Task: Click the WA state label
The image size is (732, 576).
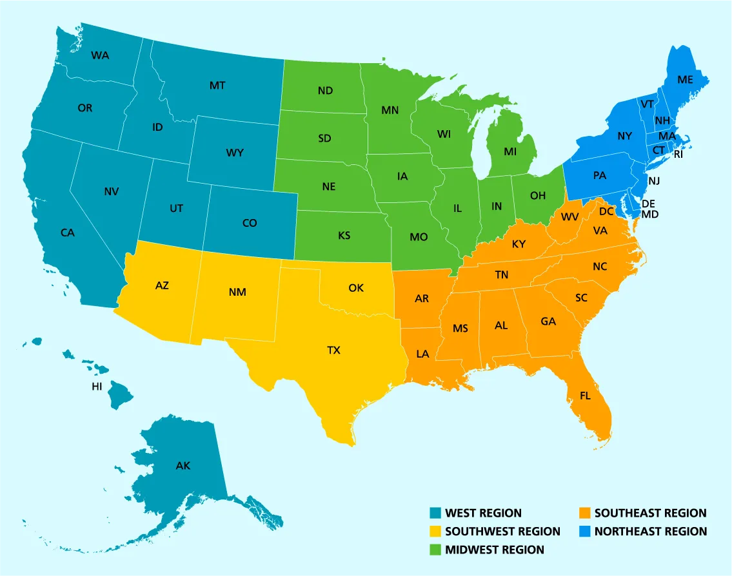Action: tap(100, 55)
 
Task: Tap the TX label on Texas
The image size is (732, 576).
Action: tap(333, 350)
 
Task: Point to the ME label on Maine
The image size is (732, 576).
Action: tap(685, 81)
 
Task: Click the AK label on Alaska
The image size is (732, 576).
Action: tap(183, 465)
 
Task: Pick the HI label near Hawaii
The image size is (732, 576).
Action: tap(97, 387)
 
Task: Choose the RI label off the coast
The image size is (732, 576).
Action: tap(678, 155)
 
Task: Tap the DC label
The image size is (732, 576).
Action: tap(606, 211)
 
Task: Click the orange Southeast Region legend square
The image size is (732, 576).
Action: tap(584, 513)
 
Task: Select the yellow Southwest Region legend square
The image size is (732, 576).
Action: tap(436, 532)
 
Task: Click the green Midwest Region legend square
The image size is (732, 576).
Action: tap(436, 550)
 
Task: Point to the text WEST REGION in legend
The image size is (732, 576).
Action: tap(483, 513)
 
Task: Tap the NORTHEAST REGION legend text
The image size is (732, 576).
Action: tap(650, 532)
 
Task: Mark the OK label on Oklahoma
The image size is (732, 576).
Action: tap(356, 288)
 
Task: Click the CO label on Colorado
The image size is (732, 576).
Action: tap(250, 223)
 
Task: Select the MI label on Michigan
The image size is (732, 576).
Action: tap(510, 152)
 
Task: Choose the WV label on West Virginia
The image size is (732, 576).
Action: tap(570, 217)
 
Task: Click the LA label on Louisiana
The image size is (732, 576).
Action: tap(422, 354)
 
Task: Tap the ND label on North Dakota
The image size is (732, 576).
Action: tap(325, 91)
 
